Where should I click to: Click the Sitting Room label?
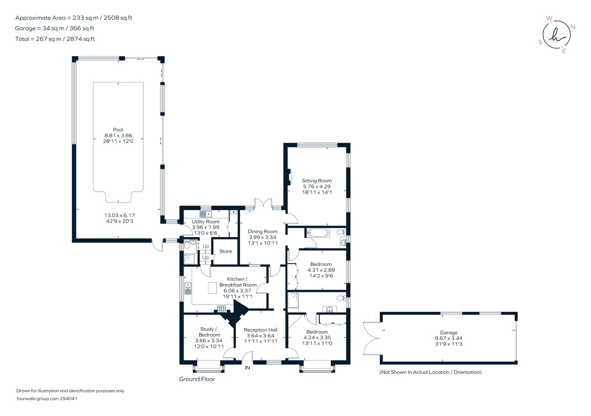[317, 181]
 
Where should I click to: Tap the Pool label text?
[118, 130]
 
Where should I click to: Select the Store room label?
[226, 251]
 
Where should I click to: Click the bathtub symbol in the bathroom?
[318, 233]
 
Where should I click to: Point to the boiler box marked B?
[233, 212]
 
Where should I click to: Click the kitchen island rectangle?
[212, 288]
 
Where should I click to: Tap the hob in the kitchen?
[222, 308]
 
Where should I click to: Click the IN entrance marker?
[247, 368]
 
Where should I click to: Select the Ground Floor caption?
[197, 379]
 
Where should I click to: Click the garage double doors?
[371, 338]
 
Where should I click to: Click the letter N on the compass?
[573, 27]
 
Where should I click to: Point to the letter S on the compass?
[540, 42]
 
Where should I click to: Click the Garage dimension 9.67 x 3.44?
[448, 338]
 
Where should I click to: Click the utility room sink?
[205, 214]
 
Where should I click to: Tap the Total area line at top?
[55, 39]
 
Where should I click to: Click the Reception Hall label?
[260, 330]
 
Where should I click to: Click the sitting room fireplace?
[290, 176]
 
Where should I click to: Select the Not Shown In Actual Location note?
[430, 372]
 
